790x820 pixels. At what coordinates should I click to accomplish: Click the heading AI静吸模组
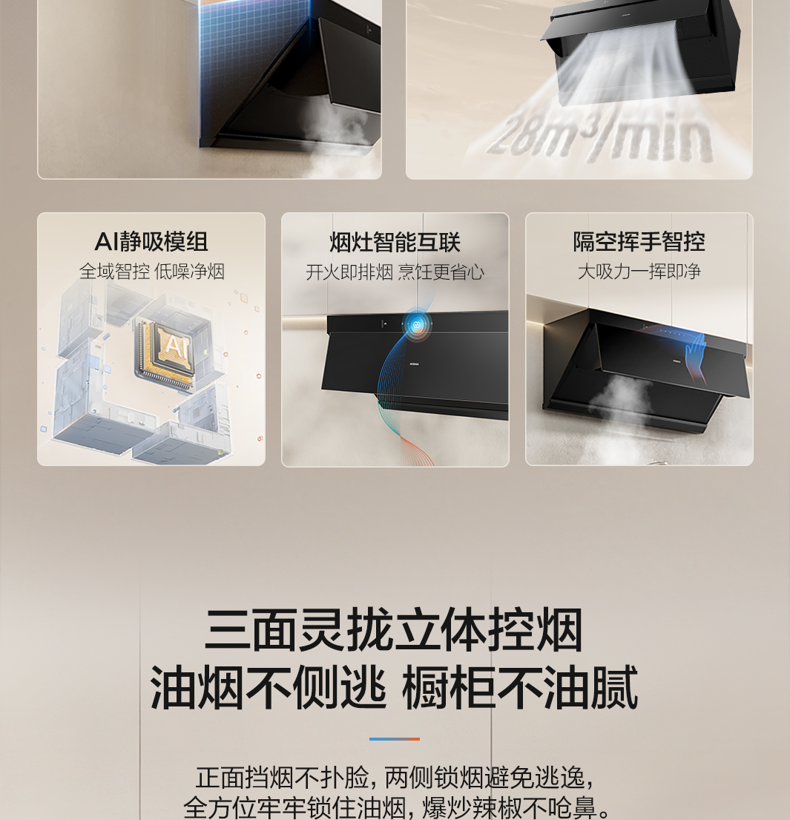(x=151, y=242)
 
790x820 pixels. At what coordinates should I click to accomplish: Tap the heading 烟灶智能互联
(x=395, y=243)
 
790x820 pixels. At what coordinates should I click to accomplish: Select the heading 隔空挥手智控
(x=639, y=242)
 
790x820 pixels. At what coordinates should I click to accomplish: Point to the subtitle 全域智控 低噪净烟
(x=151, y=272)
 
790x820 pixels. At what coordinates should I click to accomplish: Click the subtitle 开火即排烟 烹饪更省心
(x=395, y=272)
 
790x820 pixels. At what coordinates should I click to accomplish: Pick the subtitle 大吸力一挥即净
(x=639, y=272)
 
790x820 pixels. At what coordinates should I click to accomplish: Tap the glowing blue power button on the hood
(x=417, y=325)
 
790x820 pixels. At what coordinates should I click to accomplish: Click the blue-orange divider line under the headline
(x=394, y=739)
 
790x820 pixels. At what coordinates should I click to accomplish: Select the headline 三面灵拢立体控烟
(x=394, y=630)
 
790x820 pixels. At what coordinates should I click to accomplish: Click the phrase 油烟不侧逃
(x=269, y=687)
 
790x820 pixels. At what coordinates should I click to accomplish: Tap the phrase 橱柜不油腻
(x=520, y=687)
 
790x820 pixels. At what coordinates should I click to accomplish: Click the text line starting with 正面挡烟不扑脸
(x=395, y=778)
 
